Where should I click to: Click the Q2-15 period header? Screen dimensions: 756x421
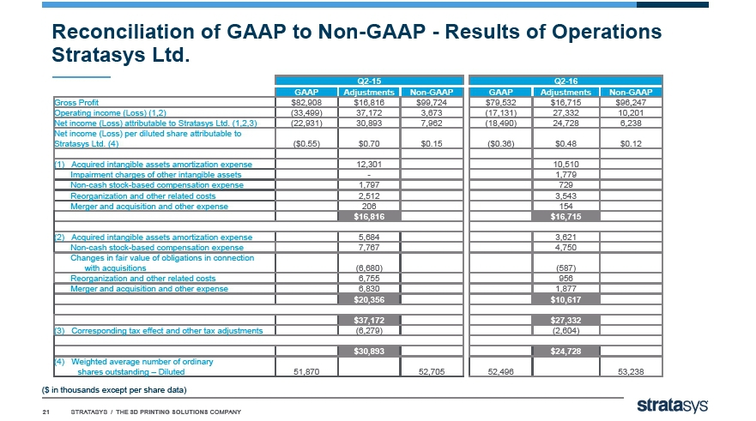tap(369, 81)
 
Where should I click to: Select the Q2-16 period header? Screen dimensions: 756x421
tap(565, 81)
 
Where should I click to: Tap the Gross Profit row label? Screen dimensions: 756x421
tap(76, 103)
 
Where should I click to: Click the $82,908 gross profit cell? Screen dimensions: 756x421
tap(306, 103)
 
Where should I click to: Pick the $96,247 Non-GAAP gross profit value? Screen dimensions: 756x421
tap(631, 103)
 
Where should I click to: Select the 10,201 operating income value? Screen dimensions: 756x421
tap(631, 112)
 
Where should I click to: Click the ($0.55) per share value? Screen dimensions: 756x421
tap(306, 143)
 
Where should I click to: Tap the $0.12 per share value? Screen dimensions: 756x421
tap(631, 143)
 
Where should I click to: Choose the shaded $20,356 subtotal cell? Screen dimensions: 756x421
tap(369, 299)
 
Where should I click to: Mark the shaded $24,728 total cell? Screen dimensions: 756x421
tap(565, 352)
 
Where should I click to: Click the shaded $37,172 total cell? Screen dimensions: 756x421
tap(369, 321)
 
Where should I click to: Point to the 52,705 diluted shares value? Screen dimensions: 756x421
tap(432, 372)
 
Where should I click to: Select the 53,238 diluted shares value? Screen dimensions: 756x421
tap(631, 372)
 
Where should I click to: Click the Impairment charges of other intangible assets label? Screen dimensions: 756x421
tap(155, 175)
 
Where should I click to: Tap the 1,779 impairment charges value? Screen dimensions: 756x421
tap(565, 175)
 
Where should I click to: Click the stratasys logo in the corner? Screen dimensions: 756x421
tap(673, 406)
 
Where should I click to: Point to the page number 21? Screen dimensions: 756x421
tap(46, 412)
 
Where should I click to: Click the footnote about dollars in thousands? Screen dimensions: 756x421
tap(114, 389)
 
